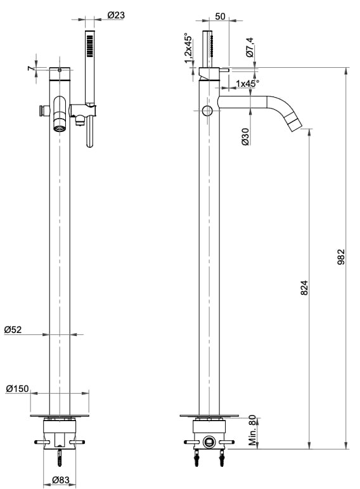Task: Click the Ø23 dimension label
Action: point(116,15)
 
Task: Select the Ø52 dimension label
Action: point(13,330)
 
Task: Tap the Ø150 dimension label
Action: point(17,389)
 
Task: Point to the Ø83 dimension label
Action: point(61,479)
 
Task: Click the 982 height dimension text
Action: point(341,257)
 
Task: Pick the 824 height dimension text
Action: point(304,288)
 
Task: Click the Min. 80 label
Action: point(252,430)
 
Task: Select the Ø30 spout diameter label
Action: point(245,136)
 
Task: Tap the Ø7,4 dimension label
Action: point(250,48)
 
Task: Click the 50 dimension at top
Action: point(220,16)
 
